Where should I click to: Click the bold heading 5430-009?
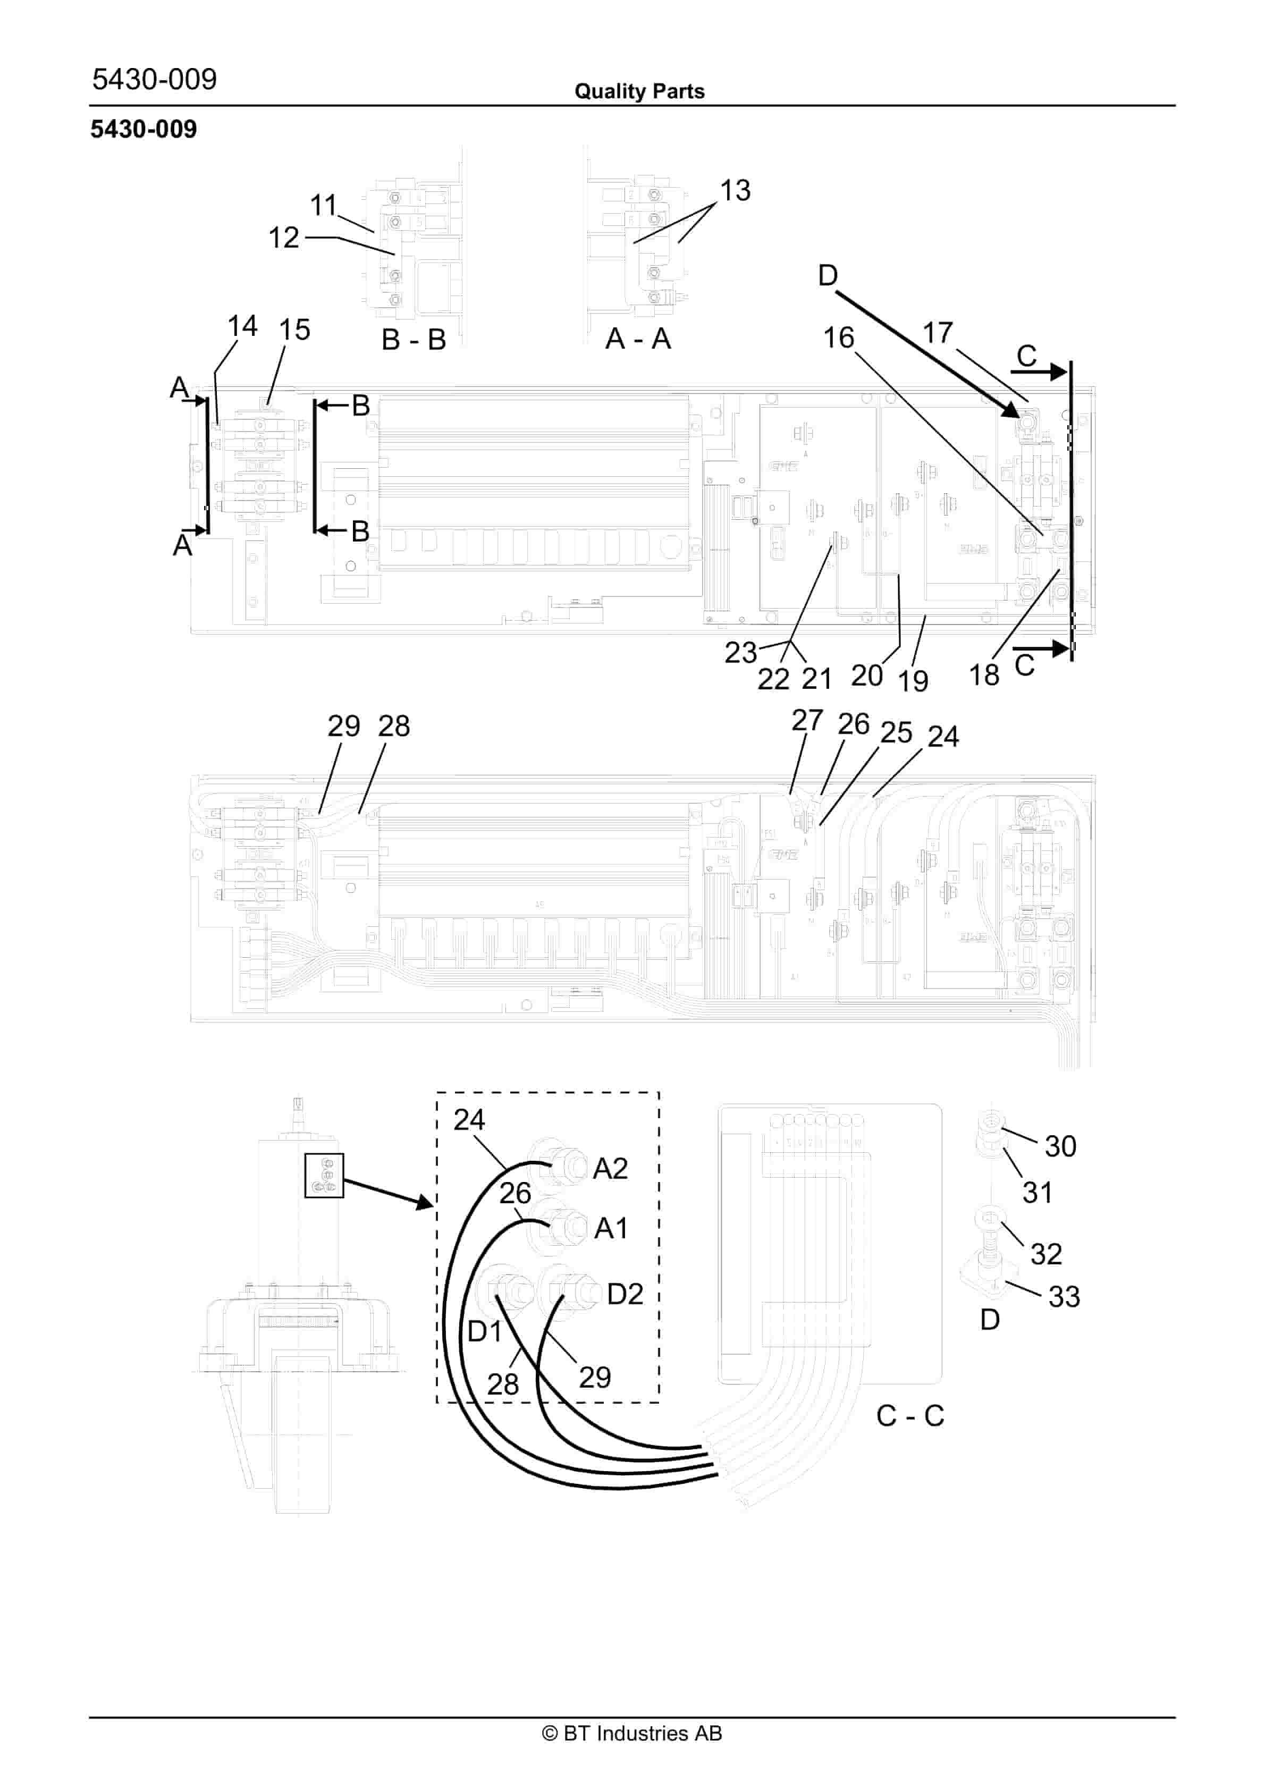coord(144,130)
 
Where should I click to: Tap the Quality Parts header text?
coord(639,91)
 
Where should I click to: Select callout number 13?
coord(734,190)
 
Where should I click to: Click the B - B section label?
coord(414,340)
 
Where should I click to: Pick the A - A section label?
coord(637,339)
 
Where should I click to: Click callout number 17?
coord(938,334)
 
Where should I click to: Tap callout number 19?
coord(913,681)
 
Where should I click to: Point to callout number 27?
coord(807,720)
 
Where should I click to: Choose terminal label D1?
coord(484,1331)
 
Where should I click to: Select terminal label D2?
coord(625,1294)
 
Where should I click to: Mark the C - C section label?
coord(909,1415)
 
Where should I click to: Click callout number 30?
coord(1060,1146)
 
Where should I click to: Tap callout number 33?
coord(1064,1296)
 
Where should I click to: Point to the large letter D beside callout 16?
coord(828,275)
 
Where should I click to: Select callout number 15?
coord(295,330)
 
